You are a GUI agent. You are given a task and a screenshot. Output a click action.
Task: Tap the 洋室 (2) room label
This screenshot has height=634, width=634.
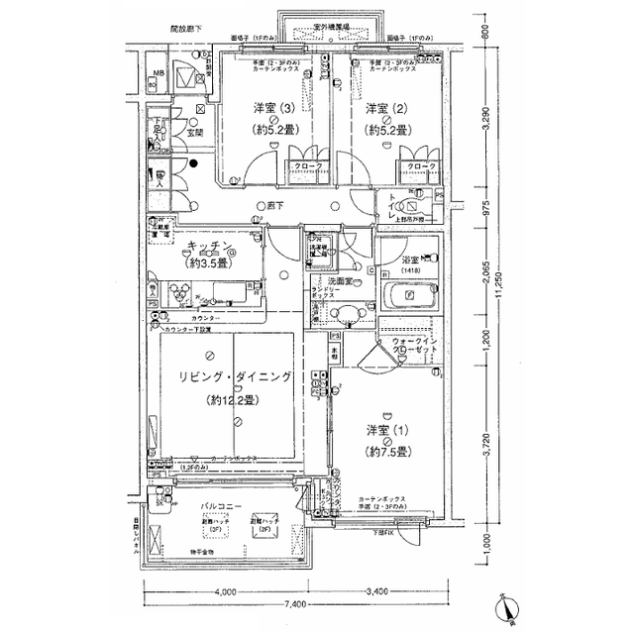382,108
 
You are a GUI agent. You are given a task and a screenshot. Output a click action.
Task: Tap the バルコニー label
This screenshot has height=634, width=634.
223,506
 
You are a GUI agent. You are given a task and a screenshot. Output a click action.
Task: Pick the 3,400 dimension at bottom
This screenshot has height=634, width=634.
377,592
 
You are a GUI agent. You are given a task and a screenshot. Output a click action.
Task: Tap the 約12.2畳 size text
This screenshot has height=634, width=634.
228,401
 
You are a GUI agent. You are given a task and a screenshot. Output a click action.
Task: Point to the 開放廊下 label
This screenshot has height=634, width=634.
158,31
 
